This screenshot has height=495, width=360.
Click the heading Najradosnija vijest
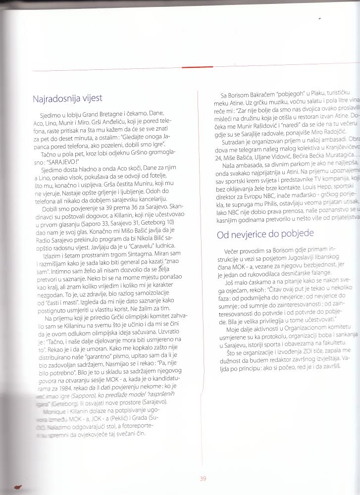pyautogui.click(x=67, y=99)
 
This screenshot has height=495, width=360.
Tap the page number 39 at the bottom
pyautogui.click(x=203, y=479)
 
